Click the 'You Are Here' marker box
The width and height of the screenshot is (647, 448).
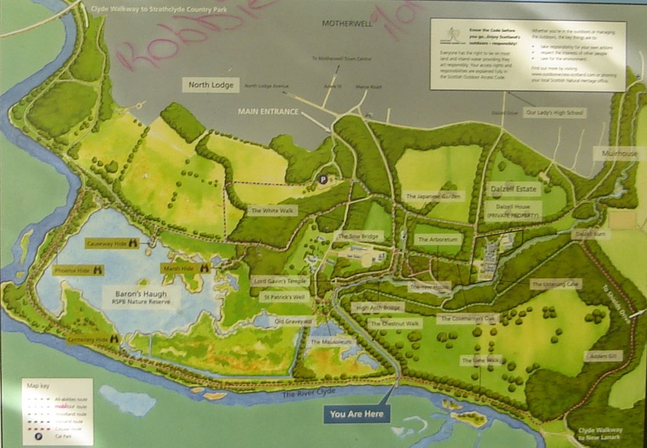357,414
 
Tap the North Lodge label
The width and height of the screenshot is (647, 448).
210,85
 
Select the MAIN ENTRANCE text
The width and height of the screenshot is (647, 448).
268,112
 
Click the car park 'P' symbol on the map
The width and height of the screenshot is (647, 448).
323,180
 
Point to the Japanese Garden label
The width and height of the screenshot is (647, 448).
435,197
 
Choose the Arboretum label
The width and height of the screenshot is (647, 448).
438,238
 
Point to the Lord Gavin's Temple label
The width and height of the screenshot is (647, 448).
281,281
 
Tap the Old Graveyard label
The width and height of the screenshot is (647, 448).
293,320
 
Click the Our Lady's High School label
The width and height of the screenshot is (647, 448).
554,113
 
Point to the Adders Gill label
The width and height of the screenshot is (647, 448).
603,357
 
